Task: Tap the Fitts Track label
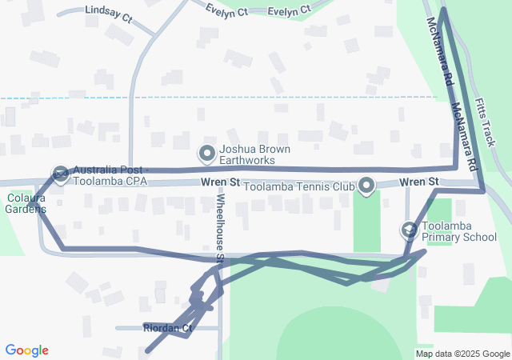click(485, 122)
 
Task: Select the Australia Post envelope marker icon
click(61, 174)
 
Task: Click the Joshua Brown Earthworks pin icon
click(207, 152)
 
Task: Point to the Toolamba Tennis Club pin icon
click(366, 186)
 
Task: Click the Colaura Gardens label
click(23, 204)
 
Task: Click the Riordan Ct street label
click(168, 328)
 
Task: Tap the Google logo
click(27, 350)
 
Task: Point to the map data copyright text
click(463, 354)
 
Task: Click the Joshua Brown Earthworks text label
click(254, 154)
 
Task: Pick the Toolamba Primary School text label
click(459, 232)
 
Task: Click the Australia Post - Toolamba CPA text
click(120, 175)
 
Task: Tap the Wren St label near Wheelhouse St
click(221, 182)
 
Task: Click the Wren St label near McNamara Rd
click(419, 182)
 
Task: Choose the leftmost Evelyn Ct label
click(226, 11)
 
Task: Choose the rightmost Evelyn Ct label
click(289, 11)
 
